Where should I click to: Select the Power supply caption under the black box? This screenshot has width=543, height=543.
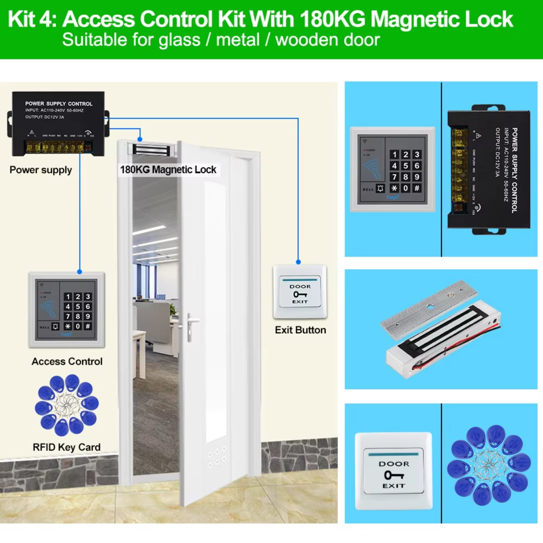coord(41,170)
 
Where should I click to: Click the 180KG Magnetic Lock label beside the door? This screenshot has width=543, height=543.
coord(168,169)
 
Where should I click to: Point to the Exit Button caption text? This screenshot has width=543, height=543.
coord(300,330)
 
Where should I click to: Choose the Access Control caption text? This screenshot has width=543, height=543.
coord(67,361)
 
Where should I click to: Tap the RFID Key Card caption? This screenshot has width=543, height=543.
coord(67,447)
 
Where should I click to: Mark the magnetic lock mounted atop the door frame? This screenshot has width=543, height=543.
coord(151,150)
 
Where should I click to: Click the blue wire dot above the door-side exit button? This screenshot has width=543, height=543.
coord(298,262)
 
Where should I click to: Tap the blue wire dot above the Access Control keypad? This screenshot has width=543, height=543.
coord(80,271)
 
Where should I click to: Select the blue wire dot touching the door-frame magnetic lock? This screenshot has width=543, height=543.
coord(140,139)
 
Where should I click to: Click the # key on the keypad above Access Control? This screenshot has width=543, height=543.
coord(88,326)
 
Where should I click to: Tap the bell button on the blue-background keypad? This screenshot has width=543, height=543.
coord(380,189)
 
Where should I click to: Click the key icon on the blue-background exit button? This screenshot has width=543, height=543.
coord(393,475)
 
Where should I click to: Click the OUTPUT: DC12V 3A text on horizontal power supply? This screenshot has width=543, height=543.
coord(45,117)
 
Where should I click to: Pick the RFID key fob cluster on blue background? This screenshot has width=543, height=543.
coord(489,465)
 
